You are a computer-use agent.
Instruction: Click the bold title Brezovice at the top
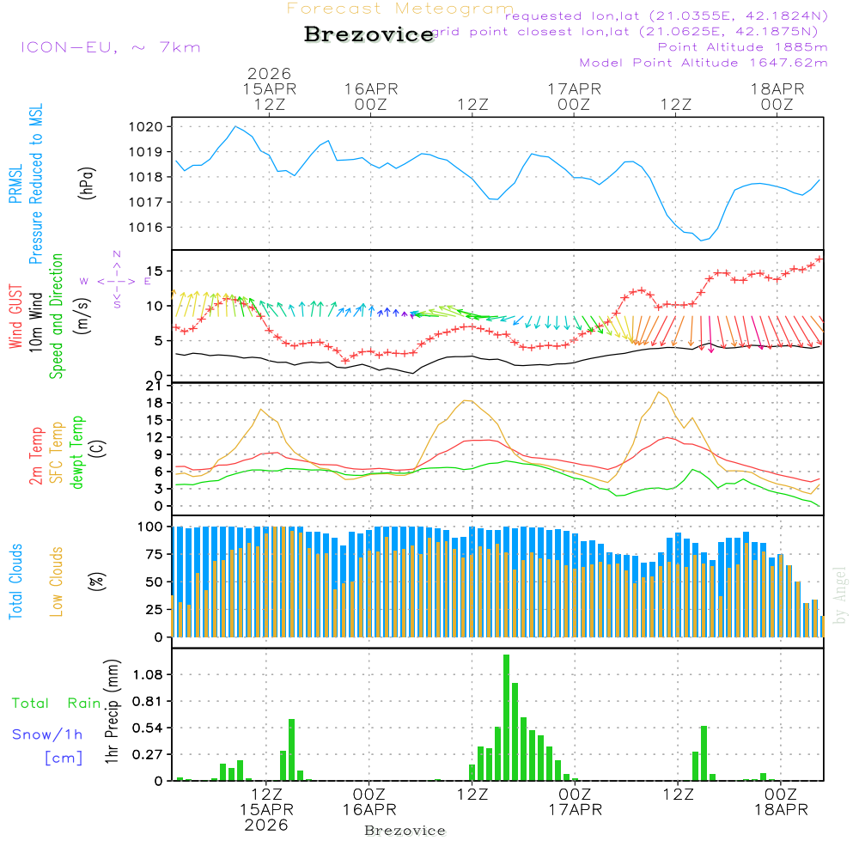click(369, 35)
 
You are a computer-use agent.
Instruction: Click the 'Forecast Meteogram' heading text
click(400, 9)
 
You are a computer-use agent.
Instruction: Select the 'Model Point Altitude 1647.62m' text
click(704, 63)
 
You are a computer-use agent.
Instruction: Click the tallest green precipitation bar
click(506, 717)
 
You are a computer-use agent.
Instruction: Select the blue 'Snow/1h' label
click(46, 734)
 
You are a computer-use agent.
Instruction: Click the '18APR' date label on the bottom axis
click(780, 809)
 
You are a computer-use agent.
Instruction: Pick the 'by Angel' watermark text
click(840, 596)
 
